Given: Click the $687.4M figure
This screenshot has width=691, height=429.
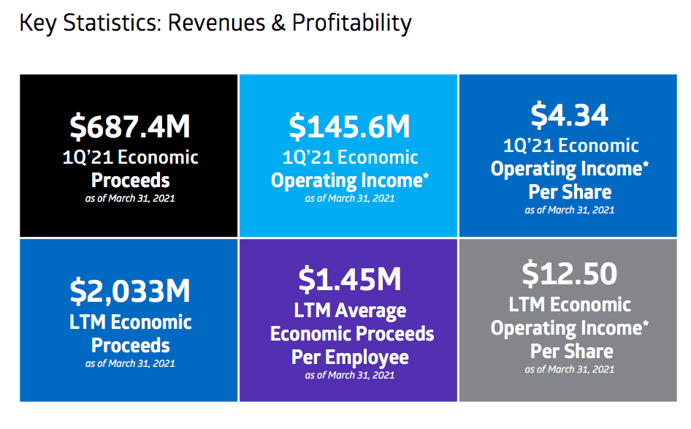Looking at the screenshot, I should (x=130, y=126).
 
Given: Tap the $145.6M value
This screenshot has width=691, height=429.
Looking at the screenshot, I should (x=349, y=126).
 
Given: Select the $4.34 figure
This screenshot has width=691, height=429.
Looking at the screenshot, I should (x=569, y=115).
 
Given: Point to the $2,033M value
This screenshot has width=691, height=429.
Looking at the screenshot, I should (x=130, y=291).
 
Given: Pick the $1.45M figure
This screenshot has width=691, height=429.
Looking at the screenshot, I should (x=349, y=279).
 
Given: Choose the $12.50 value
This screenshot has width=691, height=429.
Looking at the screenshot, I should (x=569, y=273).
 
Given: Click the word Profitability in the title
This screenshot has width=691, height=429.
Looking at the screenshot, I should (x=352, y=23).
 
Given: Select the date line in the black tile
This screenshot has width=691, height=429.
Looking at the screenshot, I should (x=130, y=198).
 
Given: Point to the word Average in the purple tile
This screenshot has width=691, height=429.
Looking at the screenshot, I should (x=371, y=311).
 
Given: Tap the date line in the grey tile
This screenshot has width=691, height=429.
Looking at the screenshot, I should (x=569, y=369).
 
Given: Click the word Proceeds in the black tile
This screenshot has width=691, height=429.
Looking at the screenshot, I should (x=130, y=180).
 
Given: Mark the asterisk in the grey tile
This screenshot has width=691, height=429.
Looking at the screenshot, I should (x=645, y=323).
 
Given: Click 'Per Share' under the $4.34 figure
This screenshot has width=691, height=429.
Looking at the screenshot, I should (x=569, y=191).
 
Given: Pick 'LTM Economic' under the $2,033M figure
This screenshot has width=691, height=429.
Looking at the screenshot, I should (x=130, y=322).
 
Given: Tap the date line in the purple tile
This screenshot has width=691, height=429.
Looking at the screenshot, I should (x=349, y=375).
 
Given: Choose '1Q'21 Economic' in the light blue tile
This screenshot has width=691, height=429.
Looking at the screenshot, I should (x=349, y=157).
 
